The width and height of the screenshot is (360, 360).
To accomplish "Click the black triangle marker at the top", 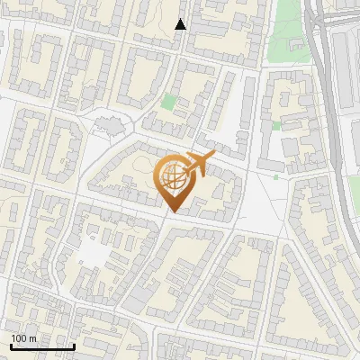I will point(181,24).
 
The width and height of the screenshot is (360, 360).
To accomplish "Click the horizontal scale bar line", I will point(42,346).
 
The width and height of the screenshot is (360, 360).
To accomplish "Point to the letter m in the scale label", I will point(33,338).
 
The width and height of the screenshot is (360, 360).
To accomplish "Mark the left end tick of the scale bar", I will point(12,345).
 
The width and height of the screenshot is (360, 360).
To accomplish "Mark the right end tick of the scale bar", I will point(74,345).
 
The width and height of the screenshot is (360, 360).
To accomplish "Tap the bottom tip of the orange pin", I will point(172,212).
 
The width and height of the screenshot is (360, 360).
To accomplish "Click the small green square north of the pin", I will point(168,102).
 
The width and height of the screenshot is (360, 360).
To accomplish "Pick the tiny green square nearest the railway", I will point(276,125).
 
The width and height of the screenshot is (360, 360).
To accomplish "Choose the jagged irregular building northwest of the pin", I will point(105,123).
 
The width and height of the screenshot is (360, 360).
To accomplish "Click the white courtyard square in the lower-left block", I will point(93,255).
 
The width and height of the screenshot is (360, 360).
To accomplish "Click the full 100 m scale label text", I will point(24,338).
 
